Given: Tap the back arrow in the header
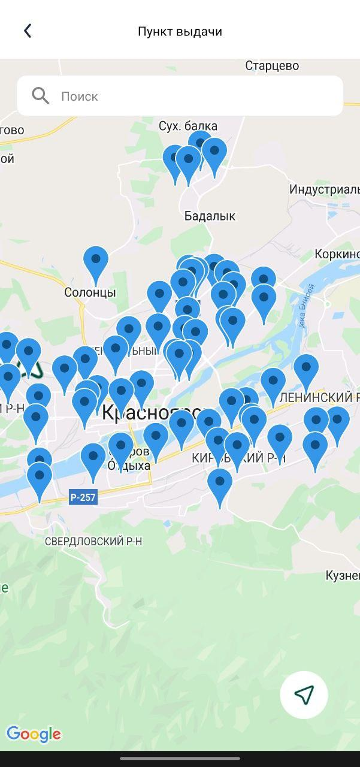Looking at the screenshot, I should click(28, 31).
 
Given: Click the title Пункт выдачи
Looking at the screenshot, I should click(180, 32).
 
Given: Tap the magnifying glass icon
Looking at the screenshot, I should click(41, 96).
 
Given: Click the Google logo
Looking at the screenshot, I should click(34, 734).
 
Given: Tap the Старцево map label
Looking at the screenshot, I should click(272, 66).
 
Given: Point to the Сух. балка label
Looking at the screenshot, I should click(188, 126).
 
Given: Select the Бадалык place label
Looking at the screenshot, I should click(210, 216).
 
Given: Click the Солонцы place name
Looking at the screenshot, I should click(90, 292).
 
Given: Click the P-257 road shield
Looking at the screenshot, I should click(83, 497).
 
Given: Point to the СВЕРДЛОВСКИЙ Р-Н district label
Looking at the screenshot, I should click(93, 541).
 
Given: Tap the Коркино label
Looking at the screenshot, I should click(337, 254).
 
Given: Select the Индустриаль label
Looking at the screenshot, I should click(324, 189).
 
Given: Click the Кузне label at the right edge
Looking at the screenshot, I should click(342, 575).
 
